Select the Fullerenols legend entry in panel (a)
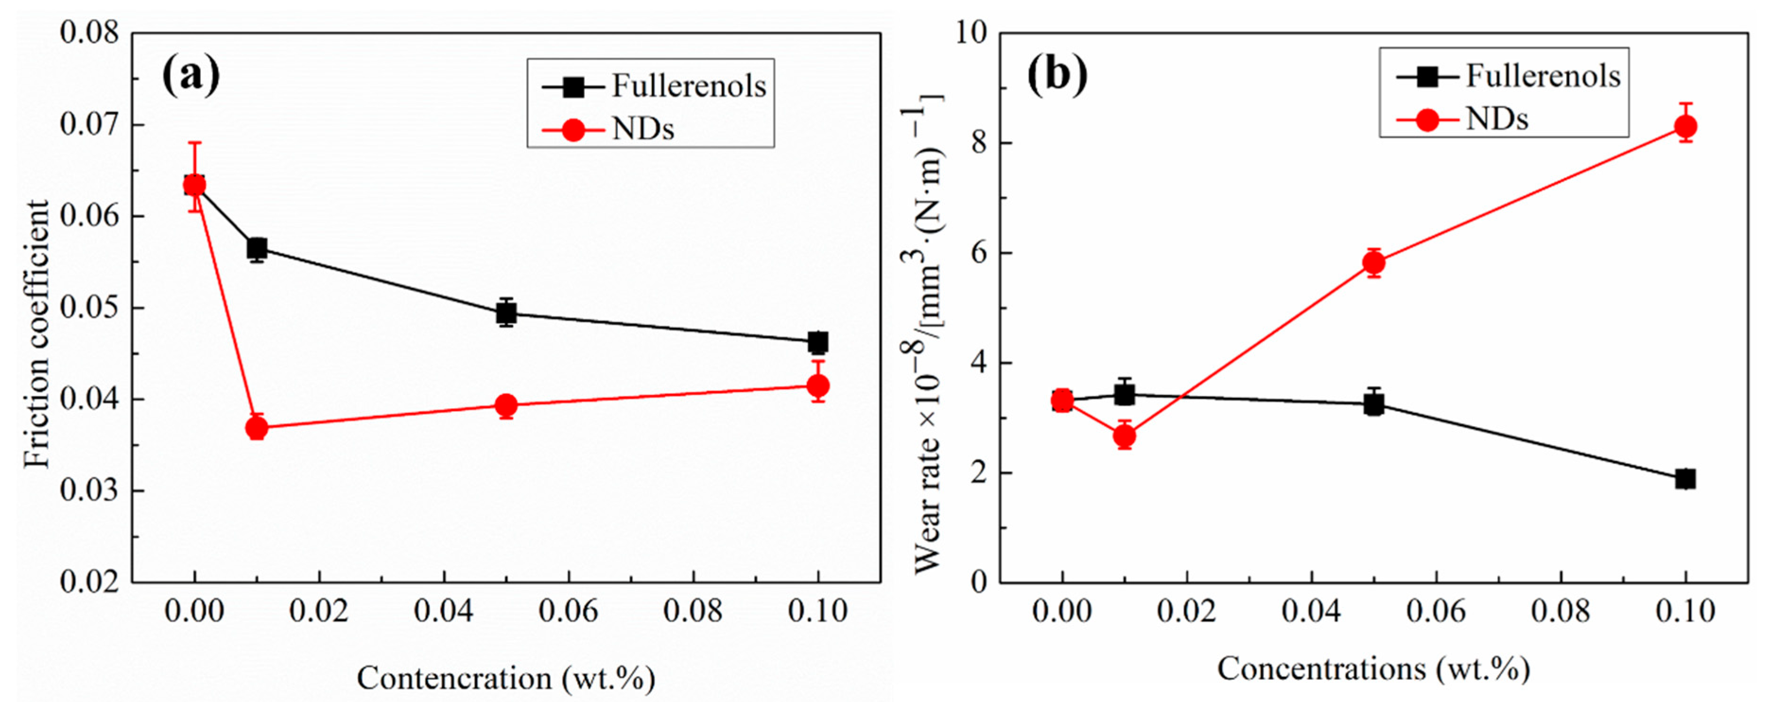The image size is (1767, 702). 688,86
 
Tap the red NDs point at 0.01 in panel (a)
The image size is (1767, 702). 257,428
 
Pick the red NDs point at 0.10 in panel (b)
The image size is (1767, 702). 1685,127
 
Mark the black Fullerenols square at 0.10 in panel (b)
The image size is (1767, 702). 1685,479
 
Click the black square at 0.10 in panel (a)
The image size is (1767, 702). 818,342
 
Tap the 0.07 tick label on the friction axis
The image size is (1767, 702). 89,125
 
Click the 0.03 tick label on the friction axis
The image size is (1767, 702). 89,491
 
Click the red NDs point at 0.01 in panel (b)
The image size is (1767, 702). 1124,436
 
